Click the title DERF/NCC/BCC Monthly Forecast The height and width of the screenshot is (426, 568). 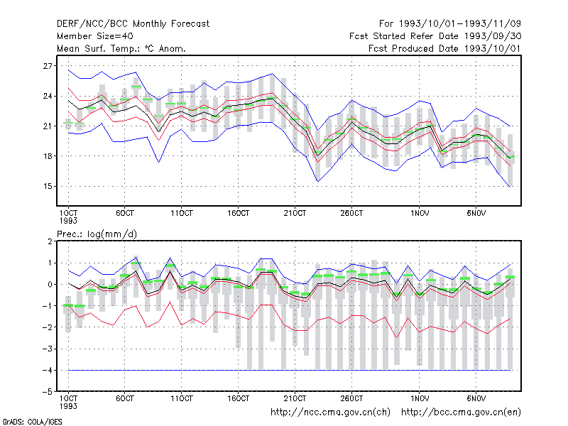[x=133, y=24]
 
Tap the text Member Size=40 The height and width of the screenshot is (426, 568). [x=95, y=36]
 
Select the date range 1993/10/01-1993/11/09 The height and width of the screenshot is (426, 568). [x=460, y=24]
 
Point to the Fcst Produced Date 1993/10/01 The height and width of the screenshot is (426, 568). [x=445, y=48]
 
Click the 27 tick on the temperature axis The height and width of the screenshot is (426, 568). [x=48, y=66]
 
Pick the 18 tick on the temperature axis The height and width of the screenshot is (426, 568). [x=48, y=156]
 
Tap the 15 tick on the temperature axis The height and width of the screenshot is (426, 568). [x=48, y=186]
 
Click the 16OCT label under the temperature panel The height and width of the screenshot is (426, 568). [x=239, y=214]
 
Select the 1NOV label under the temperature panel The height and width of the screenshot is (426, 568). [x=420, y=214]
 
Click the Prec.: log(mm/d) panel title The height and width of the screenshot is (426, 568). [x=97, y=234]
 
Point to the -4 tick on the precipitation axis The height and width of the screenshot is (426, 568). [x=47, y=370]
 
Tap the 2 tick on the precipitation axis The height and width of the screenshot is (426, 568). [x=50, y=241]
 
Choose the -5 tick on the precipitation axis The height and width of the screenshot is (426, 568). [x=47, y=392]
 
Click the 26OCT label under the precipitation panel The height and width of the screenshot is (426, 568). [x=351, y=398]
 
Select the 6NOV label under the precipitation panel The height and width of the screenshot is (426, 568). [x=476, y=398]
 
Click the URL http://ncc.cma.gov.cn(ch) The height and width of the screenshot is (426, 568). [x=330, y=413]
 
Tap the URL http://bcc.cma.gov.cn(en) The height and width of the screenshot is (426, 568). [x=461, y=413]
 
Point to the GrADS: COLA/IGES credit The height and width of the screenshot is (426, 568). [x=32, y=422]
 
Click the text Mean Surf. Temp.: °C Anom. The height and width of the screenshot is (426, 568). [x=121, y=48]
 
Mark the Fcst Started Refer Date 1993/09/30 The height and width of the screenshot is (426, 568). [x=435, y=36]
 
